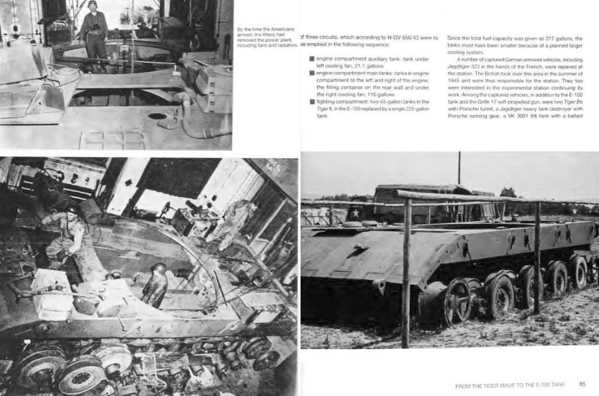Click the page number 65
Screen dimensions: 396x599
582,384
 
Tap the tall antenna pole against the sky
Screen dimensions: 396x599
459,168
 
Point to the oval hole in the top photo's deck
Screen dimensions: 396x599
158,116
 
